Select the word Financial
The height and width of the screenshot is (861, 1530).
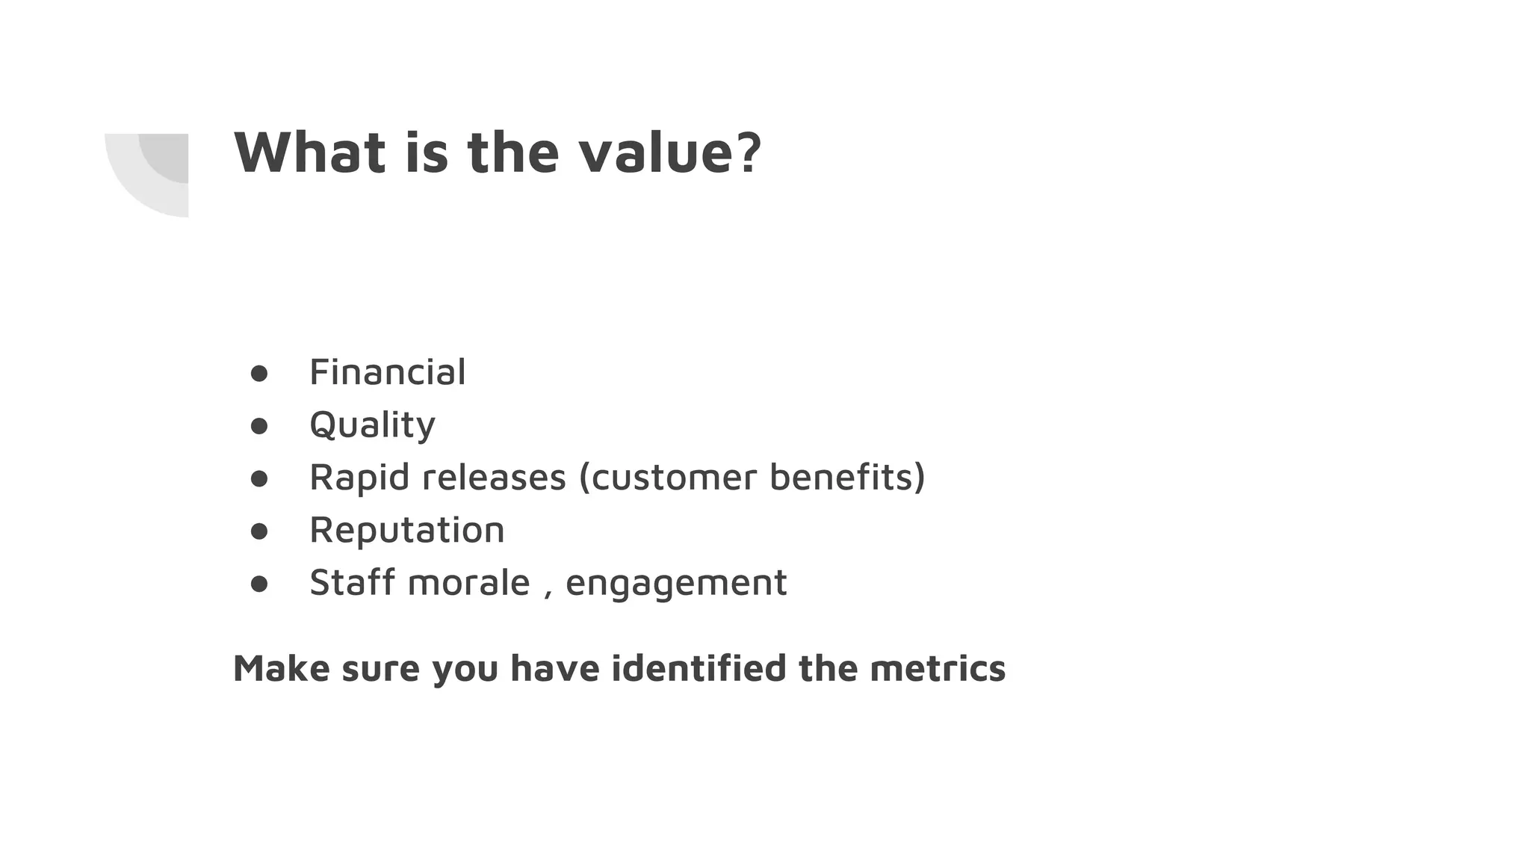tap(387, 372)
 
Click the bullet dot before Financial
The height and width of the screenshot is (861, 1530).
tap(259, 374)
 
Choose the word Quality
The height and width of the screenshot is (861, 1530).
tap(372, 425)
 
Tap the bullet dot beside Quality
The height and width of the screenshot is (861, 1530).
tap(259, 426)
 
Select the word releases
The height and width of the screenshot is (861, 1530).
tap(494, 478)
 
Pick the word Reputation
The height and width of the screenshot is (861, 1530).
tap(407, 530)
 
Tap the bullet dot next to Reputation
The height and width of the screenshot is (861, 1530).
tap(259, 531)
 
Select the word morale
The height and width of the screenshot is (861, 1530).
tap(469, 582)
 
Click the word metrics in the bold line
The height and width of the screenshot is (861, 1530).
tap(938, 668)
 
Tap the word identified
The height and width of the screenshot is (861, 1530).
tap(699, 668)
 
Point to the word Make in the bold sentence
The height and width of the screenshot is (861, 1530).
tap(281, 668)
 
